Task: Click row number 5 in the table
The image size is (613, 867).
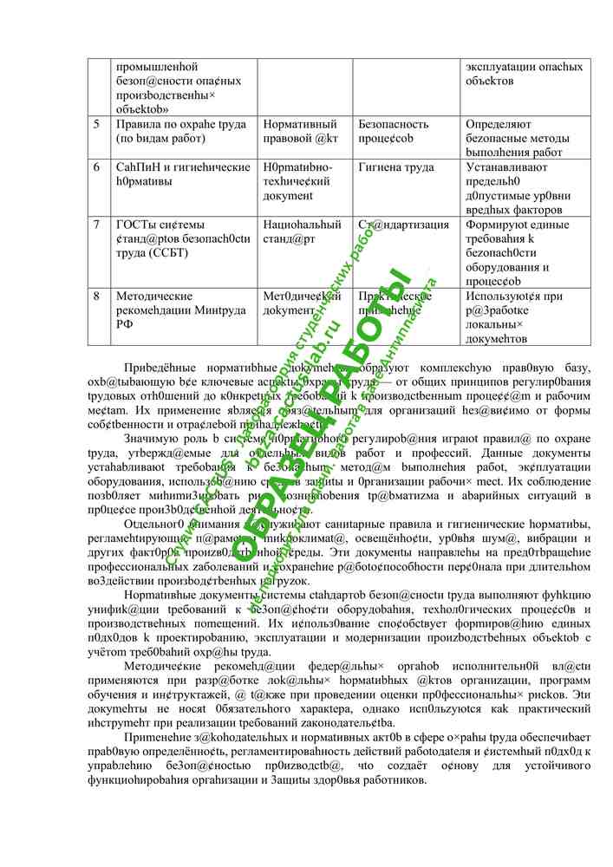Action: tap(96, 124)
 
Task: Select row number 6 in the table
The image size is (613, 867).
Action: tap(96, 166)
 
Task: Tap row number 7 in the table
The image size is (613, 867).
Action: tap(96, 225)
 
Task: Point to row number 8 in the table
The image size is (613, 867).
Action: tap(96, 296)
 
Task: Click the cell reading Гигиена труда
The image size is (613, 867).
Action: tap(396, 166)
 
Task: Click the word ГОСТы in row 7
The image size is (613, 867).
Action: tap(135, 225)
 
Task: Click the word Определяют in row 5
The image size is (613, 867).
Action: tap(499, 124)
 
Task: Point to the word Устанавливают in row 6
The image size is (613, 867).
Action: tap(507, 166)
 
